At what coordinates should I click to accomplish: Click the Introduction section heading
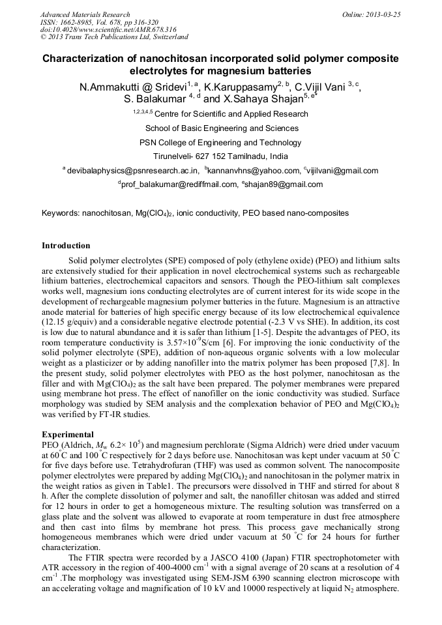[66, 246]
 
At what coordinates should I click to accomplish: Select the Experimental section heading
[67, 433]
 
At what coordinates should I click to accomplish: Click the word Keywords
[60, 213]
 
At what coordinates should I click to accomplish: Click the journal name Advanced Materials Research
[85, 14]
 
